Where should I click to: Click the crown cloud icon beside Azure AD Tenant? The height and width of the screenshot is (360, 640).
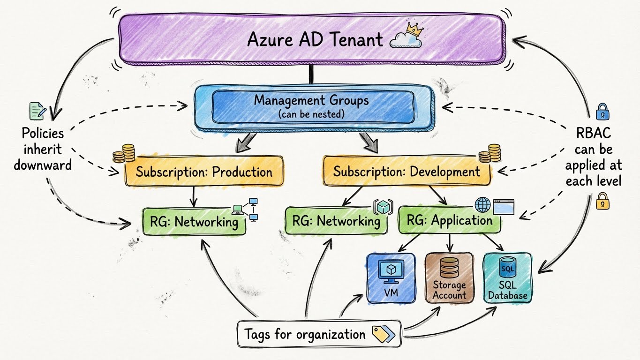[x=407, y=37]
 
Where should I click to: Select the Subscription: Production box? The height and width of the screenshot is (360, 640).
[x=204, y=172]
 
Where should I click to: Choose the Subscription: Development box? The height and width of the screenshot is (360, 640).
[x=406, y=172]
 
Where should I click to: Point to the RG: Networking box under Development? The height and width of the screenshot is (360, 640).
[x=336, y=221]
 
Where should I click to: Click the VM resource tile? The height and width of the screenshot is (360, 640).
[x=390, y=278]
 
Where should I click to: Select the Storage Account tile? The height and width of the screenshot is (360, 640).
[x=449, y=278]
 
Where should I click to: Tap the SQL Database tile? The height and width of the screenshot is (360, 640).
[x=507, y=278]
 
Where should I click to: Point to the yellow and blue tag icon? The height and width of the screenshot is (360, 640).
[x=383, y=334]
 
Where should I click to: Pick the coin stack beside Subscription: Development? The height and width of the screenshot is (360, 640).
[x=490, y=153]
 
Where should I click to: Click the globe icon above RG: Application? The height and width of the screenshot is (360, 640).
[x=482, y=205]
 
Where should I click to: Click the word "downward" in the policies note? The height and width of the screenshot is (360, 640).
[x=42, y=165]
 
